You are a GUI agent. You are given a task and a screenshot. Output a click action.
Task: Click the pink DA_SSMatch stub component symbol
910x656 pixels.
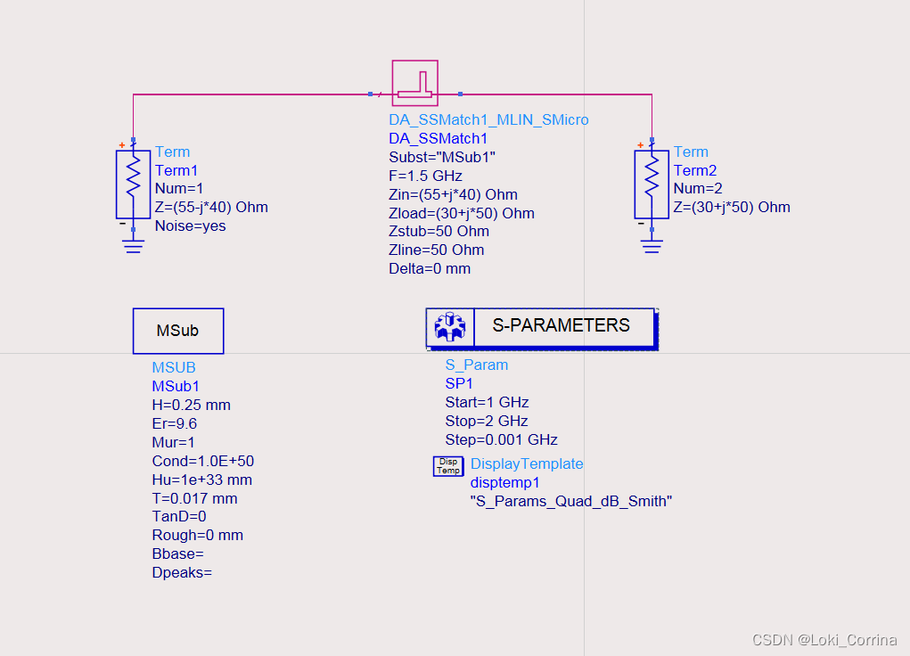(415, 83)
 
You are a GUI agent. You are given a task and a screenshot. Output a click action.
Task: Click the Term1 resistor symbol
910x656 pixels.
(133, 184)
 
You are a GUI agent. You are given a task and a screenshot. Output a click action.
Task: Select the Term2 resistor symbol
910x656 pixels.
(652, 184)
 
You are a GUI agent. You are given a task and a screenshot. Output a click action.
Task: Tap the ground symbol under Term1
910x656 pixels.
(133, 245)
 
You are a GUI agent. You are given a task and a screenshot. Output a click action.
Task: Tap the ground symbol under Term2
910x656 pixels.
(652, 245)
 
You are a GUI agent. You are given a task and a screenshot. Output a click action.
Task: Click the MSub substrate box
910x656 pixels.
(178, 331)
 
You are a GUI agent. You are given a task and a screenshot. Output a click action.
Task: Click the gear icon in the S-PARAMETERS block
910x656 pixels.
(450, 327)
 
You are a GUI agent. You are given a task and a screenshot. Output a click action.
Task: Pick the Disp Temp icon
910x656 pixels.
(448, 465)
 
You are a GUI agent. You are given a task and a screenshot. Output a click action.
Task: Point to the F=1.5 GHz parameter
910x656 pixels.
(425, 176)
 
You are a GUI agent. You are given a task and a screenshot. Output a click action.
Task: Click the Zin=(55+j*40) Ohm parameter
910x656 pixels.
(453, 194)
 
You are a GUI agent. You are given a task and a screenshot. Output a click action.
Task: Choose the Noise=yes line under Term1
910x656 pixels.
(190, 225)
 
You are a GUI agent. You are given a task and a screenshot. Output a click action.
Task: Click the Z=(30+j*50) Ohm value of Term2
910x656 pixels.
(732, 207)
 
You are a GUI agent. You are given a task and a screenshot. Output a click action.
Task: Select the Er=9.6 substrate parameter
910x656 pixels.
(175, 423)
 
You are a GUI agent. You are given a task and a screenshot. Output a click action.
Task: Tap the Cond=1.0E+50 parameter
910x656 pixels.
(203, 461)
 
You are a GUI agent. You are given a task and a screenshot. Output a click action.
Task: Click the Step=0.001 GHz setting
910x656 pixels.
(501, 439)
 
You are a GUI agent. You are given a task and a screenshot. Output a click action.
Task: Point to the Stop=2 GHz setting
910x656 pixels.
(487, 421)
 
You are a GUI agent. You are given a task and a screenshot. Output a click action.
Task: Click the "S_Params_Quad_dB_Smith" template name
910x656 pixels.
(571, 501)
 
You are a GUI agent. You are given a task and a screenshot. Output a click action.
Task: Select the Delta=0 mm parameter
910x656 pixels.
(430, 268)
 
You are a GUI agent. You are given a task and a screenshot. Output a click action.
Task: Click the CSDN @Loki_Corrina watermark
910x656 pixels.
(824, 640)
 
